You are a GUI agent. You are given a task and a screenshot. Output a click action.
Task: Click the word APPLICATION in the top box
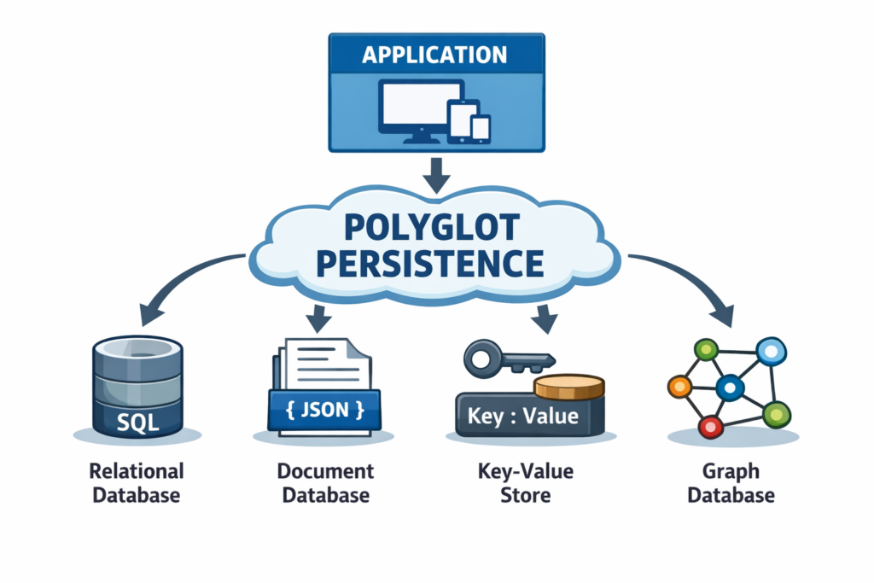click(434, 55)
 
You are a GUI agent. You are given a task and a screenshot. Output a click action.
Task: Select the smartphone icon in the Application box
click(481, 128)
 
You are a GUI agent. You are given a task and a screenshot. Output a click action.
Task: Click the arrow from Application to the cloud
click(436, 175)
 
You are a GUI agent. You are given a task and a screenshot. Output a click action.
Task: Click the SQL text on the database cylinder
click(137, 420)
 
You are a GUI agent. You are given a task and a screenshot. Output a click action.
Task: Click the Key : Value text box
click(523, 417)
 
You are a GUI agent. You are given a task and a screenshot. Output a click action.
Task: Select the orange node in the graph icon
click(679, 387)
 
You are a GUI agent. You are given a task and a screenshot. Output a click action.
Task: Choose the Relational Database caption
click(137, 482)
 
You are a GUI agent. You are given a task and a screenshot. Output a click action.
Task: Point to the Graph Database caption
click(731, 482)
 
